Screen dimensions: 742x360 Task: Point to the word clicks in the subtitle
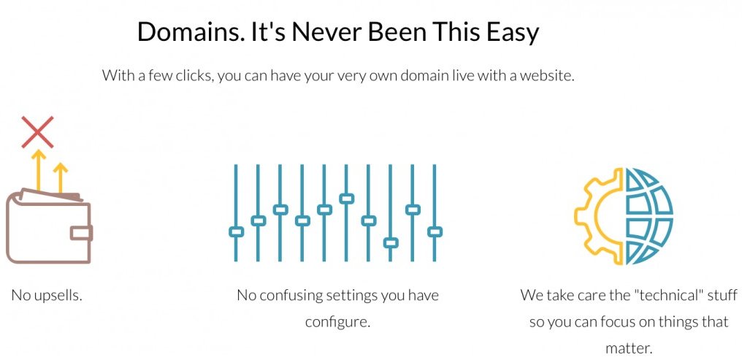tap(191, 75)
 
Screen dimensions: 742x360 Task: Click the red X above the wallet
tap(37, 132)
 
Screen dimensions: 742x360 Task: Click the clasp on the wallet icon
tap(81, 233)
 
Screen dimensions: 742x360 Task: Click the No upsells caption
tap(47, 296)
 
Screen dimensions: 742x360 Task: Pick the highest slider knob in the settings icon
tap(347, 198)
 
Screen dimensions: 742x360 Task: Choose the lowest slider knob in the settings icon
tap(391, 242)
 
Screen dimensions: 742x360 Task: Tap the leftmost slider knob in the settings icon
tap(236, 231)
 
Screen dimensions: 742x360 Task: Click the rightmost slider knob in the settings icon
tap(435, 231)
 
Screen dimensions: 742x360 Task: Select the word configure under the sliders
tap(338, 321)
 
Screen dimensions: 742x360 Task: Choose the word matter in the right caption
tap(628, 348)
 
